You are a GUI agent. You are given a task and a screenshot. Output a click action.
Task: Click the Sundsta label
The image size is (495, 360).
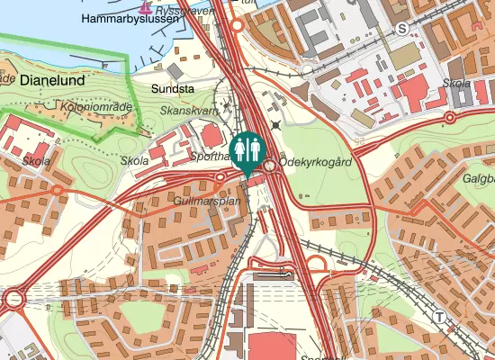[x=173, y=89]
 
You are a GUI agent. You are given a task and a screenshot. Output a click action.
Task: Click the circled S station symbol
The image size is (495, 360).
[x=401, y=29]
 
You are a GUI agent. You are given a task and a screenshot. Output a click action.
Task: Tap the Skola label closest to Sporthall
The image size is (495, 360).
[x=134, y=160]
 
